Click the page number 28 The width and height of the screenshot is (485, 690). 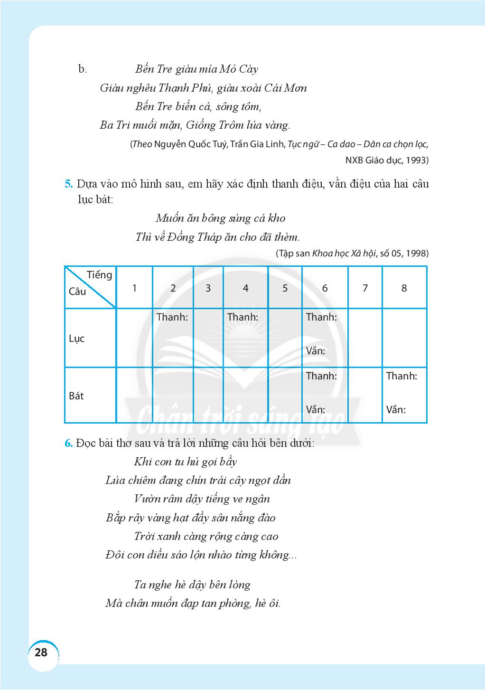[x=41, y=652]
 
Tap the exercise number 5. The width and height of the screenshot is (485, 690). [x=68, y=184]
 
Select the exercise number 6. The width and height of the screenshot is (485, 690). [x=68, y=443]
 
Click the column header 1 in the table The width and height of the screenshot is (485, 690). [x=135, y=288]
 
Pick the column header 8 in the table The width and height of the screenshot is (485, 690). [x=404, y=288]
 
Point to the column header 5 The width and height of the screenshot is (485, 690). [x=285, y=288]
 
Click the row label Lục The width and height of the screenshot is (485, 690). [x=76, y=339]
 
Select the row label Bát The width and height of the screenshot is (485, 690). [x=76, y=396]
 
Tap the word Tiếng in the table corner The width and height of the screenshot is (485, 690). [x=99, y=275]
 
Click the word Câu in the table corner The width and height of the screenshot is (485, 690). [x=77, y=292]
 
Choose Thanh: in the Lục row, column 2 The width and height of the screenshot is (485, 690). [x=172, y=317]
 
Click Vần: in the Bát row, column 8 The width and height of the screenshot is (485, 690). [x=396, y=409]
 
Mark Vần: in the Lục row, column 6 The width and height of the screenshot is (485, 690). [x=316, y=351]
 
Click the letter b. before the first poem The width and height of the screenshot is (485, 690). [x=83, y=69]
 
